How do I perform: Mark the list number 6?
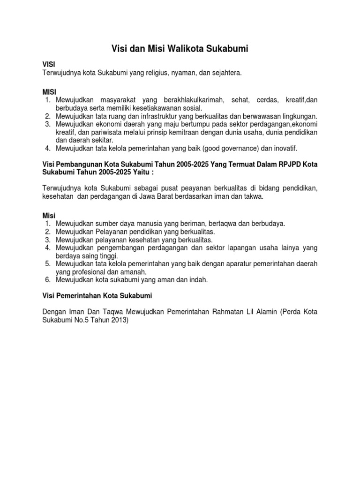click(x=48, y=280)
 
